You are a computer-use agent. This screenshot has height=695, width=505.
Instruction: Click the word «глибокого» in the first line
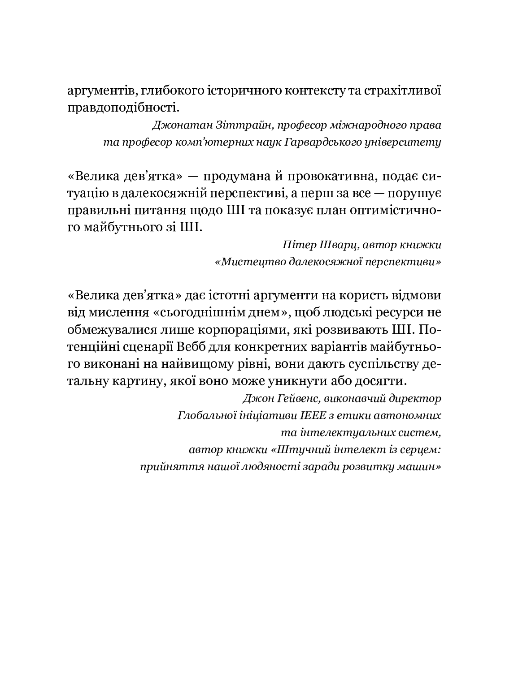click(165, 91)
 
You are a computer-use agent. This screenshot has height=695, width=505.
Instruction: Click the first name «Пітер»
click(298, 245)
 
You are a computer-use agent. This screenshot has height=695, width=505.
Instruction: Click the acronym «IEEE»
click(306, 415)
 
